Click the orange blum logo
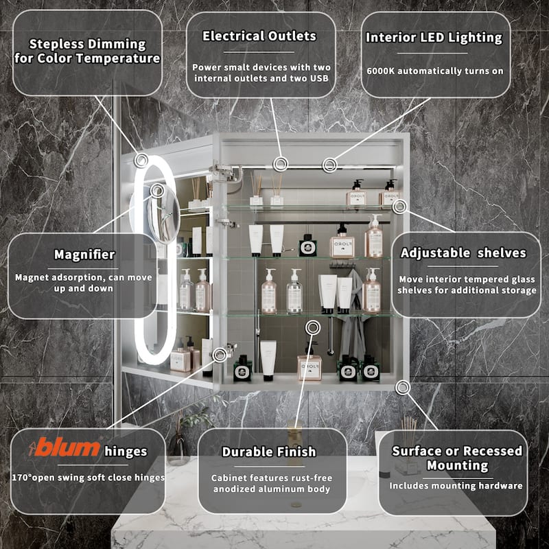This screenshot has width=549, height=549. (x=65, y=447)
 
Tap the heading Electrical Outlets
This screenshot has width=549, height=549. (x=259, y=36)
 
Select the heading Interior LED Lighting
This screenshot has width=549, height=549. (x=434, y=38)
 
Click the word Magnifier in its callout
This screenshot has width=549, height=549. (x=84, y=255)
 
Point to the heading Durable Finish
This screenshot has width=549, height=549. (x=269, y=452)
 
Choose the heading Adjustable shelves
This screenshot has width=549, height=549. (x=463, y=253)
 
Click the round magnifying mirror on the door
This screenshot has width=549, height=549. (x=164, y=214)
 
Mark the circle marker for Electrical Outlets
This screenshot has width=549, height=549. (x=281, y=164)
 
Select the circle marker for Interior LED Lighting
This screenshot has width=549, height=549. (x=329, y=165)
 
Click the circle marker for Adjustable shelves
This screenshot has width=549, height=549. (x=399, y=207)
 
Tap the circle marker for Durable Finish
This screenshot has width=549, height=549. (x=313, y=327)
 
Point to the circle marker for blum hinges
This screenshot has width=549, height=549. (x=220, y=355)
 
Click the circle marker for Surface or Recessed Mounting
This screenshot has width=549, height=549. (x=403, y=388)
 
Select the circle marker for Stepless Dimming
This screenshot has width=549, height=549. (x=141, y=161)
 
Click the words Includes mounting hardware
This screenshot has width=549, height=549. (x=456, y=486)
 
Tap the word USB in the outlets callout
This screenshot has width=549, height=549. (x=319, y=78)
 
